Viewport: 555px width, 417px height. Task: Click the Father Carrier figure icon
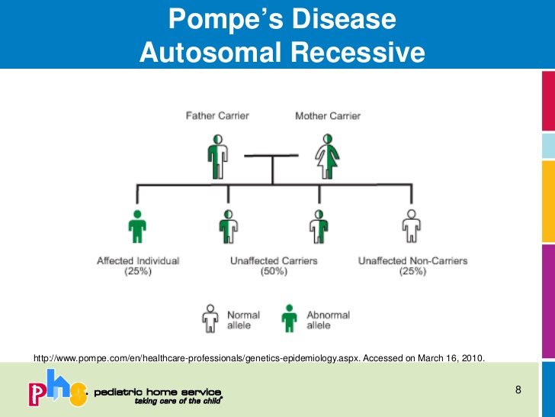tap(219, 157)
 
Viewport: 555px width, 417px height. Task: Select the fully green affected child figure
tap(137, 227)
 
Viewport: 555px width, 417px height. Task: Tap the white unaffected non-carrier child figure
tap(412, 227)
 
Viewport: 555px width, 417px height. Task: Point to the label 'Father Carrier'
tap(217, 116)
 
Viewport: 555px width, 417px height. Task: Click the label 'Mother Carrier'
tap(328, 116)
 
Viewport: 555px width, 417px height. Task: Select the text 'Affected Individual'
tap(138, 261)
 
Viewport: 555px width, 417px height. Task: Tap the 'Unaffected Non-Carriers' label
tap(412, 261)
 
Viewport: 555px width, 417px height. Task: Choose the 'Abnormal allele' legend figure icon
tap(290, 319)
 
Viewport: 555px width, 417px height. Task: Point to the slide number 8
tap(518, 391)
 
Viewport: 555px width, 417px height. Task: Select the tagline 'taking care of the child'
tap(178, 400)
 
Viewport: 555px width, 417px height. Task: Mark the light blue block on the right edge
tap(547, 144)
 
